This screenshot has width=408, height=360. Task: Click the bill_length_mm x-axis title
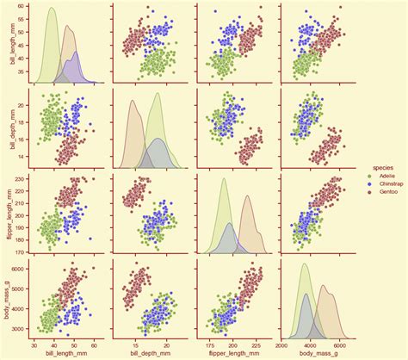[65, 353]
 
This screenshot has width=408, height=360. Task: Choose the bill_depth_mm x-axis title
[149, 353]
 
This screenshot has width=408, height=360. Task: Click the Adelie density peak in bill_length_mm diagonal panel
[51, 9]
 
